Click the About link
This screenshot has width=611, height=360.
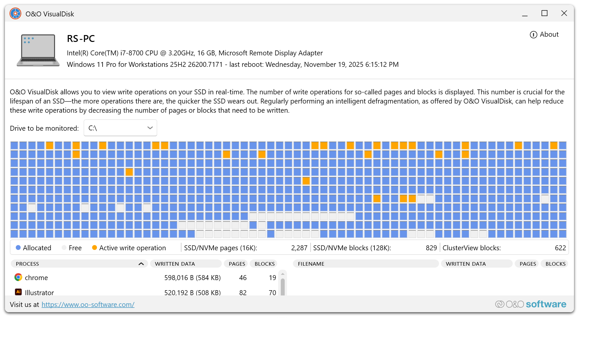[544, 34]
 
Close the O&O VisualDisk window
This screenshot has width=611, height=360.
[564, 13]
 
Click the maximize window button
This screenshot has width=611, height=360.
[544, 13]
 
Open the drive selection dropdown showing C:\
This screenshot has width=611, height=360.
[120, 128]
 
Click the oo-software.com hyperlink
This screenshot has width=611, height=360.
[88, 305]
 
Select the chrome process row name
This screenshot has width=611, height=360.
[36, 278]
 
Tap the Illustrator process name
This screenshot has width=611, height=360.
[39, 293]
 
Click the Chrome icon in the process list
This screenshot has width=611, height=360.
[18, 277]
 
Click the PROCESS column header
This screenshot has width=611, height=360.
[28, 264]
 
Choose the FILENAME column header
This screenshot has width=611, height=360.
[311, 264]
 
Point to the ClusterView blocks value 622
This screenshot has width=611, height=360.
[560, 248]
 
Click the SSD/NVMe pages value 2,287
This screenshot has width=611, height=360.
[299, 248]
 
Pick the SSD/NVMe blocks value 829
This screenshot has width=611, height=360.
[431, 248]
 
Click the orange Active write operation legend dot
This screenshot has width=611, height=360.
[94, 248]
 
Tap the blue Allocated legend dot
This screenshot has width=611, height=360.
[18, 248]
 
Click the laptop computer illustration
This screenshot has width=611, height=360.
[38, 50]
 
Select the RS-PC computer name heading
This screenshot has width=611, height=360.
[81, 39]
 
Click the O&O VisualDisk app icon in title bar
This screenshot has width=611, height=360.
[15, 14]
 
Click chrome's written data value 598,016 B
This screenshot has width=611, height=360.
[192, 278]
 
